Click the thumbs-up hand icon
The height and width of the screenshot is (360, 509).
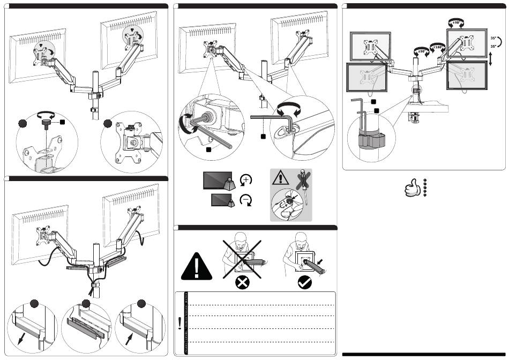(411, 188)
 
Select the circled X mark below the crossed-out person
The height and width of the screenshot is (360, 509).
(241, 283)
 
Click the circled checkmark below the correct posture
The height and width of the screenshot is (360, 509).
(305, 283)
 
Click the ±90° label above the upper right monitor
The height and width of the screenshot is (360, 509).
(456, 22)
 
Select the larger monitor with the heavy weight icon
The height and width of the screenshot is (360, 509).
(217, 180)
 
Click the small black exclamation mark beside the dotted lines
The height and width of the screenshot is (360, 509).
(179, 322)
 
